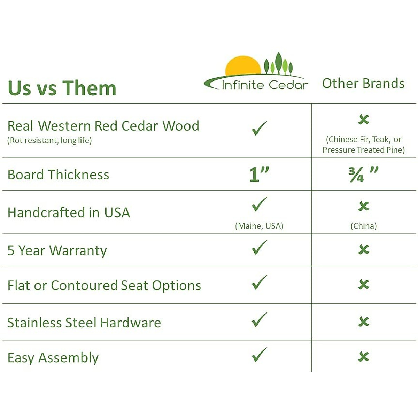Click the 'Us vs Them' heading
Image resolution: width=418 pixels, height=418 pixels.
click(x=62, y=88)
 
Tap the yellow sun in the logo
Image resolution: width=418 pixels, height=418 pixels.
click(x=243, y=66)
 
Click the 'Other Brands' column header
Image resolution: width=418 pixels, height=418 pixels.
click(x=363, y=84)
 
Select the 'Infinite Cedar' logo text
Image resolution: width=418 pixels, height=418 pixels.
click(x=265, y=85)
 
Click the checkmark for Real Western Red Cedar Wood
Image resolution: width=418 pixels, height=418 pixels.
click(x=259, y=128)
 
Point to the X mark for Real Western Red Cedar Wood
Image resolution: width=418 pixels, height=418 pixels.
click(x=364, y=119)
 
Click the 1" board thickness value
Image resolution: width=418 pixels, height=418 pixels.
click(x=259, y=175)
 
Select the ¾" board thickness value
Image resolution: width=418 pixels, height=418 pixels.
click(x=363, y=175)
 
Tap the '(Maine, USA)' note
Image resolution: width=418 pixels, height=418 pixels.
click(x=259, y=226)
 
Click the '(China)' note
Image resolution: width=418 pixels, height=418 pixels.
click(x=364, y=226)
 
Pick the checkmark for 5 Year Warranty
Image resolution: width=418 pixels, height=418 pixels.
click(x=259, y=248)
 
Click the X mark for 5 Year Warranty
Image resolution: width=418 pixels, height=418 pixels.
click(x=364, y=250)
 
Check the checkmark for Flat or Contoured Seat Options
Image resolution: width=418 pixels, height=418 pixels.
click(x=259, y=282)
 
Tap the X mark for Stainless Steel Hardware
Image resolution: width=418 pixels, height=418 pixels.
click(x=364, y=322)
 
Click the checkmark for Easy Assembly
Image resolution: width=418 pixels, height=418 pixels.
click(x=259, y=355)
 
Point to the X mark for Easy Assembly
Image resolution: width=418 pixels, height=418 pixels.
click(x=364, y=357)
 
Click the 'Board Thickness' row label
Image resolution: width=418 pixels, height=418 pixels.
click(x=58, y=175)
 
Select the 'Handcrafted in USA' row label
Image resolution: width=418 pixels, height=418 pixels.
click(x=69, y=212)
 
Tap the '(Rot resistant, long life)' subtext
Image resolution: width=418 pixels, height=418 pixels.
click(x=49, y=140)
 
